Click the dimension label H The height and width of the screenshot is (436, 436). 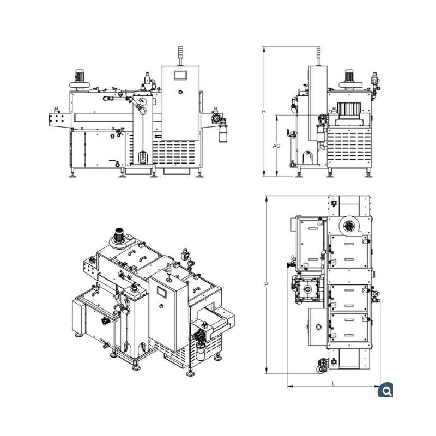(x=264, y=112)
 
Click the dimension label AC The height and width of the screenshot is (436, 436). (x=276, y=146)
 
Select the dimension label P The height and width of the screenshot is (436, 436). (x=266, y=284)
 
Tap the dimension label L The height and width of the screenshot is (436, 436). (x=334, y=384)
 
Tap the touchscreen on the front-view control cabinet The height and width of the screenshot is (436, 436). (x=180, y=75)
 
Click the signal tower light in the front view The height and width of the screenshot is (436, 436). (x=180, y=56)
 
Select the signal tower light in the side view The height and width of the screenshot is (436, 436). (x=319, y=56)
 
